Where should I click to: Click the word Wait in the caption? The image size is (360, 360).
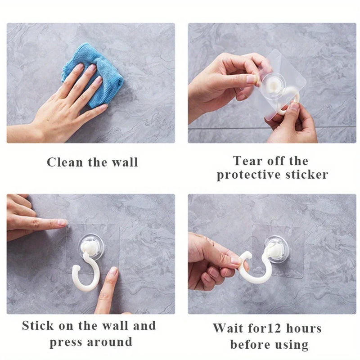[228, 328]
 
